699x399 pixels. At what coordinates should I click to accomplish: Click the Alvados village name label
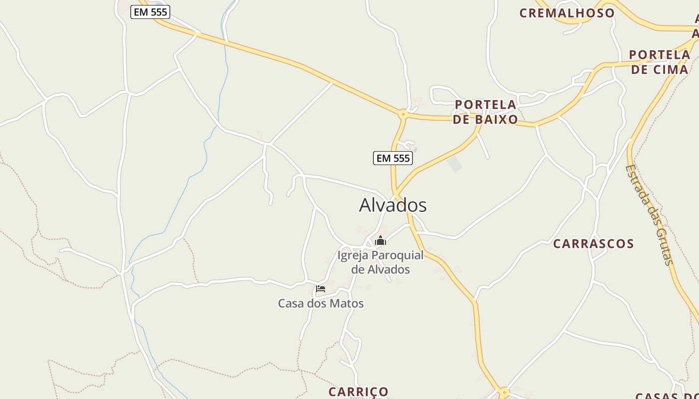393,205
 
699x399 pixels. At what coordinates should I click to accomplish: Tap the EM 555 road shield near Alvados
393,159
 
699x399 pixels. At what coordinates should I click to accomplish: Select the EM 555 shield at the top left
150,12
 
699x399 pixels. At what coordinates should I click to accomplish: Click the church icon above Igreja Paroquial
380,241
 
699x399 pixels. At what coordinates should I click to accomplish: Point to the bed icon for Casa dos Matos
321,288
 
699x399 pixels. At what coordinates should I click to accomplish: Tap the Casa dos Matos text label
321,303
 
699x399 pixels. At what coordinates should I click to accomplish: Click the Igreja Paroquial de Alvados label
380,262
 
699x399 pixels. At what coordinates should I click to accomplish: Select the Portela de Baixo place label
485,112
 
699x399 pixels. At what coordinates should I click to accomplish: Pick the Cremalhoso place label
567,13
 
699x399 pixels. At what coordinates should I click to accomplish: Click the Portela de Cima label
659,62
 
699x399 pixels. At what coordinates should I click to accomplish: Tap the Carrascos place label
593,244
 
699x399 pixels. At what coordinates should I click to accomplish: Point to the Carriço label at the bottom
358,392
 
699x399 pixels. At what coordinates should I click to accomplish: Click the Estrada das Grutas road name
650,214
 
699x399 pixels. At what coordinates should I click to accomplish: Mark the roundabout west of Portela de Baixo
403,114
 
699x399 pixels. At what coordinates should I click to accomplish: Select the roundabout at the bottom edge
504,392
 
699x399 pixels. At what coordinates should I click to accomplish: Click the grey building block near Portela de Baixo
454,164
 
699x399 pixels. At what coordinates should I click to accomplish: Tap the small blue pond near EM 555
415,149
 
